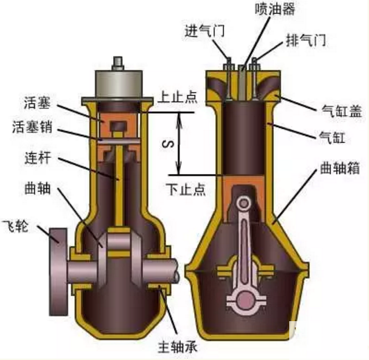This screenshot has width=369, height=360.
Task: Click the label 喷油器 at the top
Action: tap(275, 9)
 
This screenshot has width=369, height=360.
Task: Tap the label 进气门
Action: tap(205, 31)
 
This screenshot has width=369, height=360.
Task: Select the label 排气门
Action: tap(306, 40)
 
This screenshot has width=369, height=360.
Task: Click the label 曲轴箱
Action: tap(340, 168)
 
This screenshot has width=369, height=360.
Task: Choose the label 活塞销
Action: tap(32, 127)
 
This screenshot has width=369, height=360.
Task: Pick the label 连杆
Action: tap(37, 157)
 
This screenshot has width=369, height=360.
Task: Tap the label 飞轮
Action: tap(15, 226)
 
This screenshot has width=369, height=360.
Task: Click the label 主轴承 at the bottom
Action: tap(178, 347)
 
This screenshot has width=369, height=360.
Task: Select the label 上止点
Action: tap(178, 96)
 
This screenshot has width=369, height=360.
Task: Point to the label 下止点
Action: tap(186, 189)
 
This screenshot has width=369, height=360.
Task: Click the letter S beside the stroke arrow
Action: tap(169, 144)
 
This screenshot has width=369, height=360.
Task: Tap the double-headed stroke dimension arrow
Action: tap(180, 144)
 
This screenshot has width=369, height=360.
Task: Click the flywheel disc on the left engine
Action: tap(58, 272)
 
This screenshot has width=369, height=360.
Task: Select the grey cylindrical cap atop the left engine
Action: tap(119, 84)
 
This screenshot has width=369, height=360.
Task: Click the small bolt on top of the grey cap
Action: tap(118, 63)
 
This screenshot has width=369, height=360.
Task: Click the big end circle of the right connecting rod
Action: tap(245, 300)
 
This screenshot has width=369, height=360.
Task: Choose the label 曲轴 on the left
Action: tap(37, 188)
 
